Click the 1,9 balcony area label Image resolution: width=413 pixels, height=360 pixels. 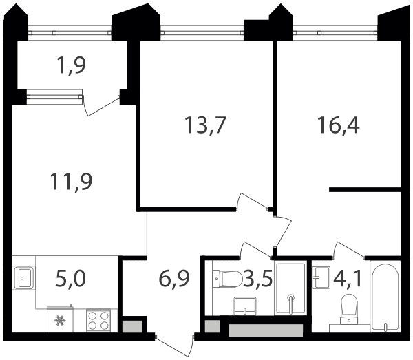(71, 65)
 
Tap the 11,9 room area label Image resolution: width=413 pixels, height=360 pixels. (71, 182)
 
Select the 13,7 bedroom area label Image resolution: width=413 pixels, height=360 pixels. (205, 125)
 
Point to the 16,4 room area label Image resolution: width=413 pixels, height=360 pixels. (339, 125)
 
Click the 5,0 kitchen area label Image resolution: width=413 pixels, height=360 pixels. (71, 278)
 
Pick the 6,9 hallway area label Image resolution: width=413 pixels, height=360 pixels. (174, 278)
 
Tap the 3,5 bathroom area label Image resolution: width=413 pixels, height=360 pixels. (257, 278)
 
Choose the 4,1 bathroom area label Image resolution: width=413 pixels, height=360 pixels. (348, 278)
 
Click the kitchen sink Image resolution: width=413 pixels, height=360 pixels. (23, 278)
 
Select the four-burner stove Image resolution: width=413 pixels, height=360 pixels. (98, 321)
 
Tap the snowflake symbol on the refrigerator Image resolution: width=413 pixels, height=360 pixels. (60, 321)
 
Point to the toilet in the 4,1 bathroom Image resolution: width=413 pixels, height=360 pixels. (349, 309)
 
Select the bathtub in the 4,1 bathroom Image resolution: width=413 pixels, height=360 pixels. (385, 297)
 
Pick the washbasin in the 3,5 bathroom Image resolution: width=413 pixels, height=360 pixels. (244, 306)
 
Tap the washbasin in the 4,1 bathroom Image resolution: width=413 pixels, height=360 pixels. (321, 278)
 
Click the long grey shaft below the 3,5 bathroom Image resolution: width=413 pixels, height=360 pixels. (266, 330)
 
